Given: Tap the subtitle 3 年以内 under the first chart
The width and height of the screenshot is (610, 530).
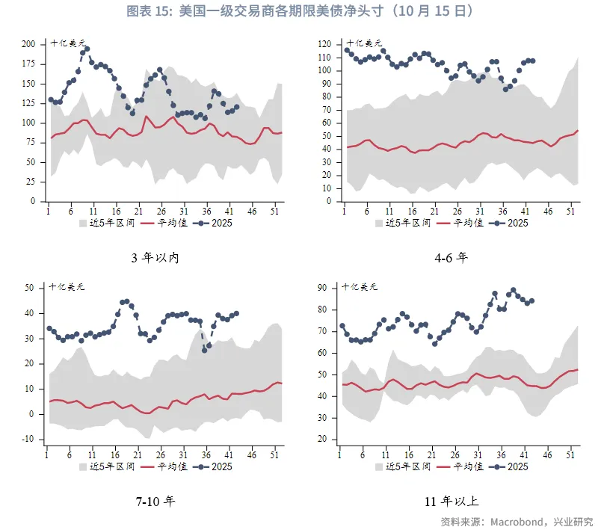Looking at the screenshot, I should pyautogui.click(x=155, y=258).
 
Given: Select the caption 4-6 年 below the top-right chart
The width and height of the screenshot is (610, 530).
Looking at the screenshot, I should pyautogui.click(x=451, y=258).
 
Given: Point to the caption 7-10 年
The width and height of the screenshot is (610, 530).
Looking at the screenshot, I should pyautogui.click(x=155, y=501).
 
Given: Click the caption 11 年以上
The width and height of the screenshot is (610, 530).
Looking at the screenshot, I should pyautogui.click(x=451, y=501).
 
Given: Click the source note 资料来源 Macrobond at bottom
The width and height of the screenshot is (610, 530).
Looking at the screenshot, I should pyautogui.click(x=516, y=521).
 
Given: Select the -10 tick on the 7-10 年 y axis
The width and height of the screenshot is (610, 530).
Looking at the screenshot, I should pyautogui.click(x=28, y=439).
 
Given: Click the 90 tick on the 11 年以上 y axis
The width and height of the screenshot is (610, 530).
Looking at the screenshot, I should pyautogui.click(x=325, y=288).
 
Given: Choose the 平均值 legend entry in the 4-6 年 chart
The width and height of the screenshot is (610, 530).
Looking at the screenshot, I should pyautogui.click(x=468, y=223).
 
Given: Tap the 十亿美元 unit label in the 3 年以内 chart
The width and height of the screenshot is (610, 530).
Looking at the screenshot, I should pyautogui.click(x=67, y=43).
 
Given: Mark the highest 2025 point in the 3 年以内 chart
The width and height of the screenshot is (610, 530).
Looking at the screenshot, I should pyautogui.click(x=87, y=49).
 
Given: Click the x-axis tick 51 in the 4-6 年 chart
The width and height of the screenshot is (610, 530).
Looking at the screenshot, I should pyautogui.click(x=572, y=212).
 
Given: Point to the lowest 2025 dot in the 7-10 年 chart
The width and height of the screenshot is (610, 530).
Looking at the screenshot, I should pyautogui.click(x=205, y=350).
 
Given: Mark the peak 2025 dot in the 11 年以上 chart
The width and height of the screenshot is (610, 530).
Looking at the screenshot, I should pyautogui.click(x=513, y=290).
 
